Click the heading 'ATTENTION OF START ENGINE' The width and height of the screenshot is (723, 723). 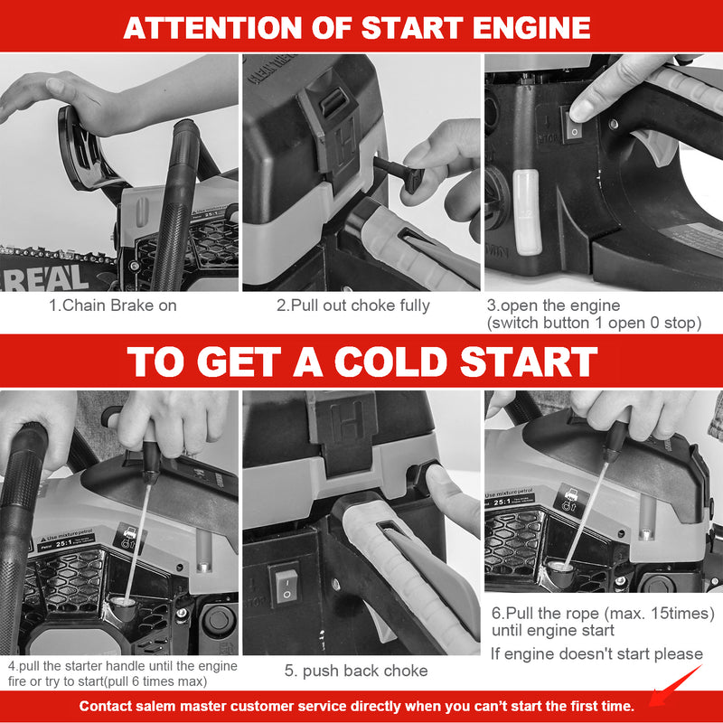357,28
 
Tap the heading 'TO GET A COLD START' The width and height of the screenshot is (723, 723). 362,362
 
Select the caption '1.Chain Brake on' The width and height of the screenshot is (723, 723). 113,305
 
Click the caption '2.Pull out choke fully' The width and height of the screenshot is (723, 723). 353,305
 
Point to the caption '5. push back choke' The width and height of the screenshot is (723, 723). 356,671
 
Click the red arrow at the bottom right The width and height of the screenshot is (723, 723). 675,686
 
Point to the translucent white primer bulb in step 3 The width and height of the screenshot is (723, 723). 527,212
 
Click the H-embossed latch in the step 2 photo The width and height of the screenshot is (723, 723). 333,134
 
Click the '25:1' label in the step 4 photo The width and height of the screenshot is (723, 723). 63,544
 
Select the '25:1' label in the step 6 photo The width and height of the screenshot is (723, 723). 502,502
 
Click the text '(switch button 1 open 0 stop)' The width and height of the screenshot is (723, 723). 595,323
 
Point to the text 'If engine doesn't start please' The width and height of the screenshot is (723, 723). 596,653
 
